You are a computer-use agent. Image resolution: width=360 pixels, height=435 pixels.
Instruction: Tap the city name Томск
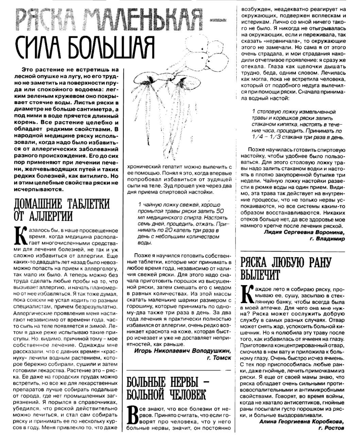[221, 358]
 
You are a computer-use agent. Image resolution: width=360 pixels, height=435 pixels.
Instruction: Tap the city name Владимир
[331, 239]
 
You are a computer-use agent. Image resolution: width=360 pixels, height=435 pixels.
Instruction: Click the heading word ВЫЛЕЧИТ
[260, 275]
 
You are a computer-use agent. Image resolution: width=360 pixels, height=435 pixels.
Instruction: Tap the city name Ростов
[335, 428]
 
